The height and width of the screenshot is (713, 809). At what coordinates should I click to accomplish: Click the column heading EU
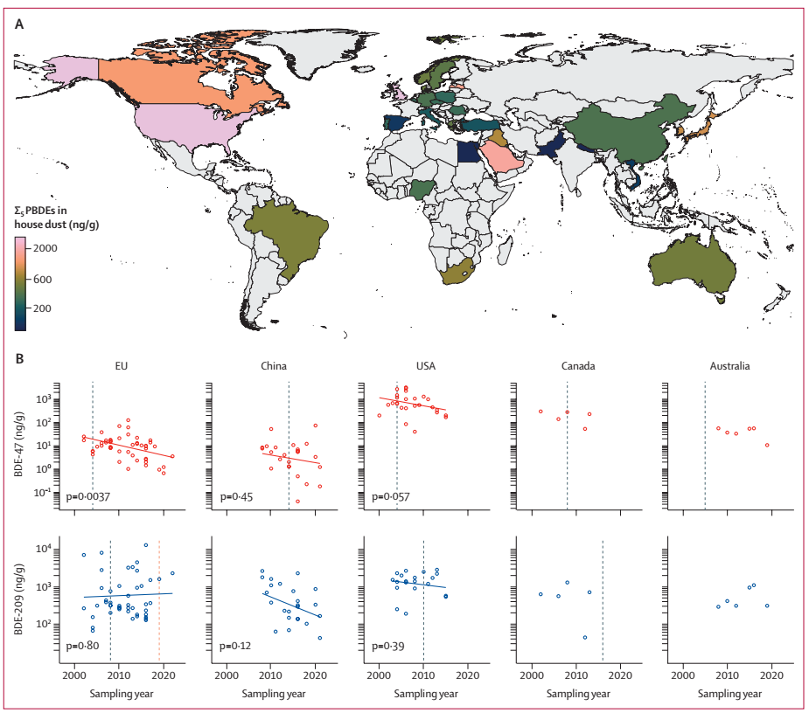point(123,366)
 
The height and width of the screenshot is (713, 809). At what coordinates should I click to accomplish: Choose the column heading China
point(273,366)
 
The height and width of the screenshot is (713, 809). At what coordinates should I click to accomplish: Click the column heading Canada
point(577,366)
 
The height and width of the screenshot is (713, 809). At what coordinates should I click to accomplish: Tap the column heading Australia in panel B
point(730,366)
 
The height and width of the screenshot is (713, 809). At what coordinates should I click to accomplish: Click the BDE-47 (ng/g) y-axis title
point(19,444)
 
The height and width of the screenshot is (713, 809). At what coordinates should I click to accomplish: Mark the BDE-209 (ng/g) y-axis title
point(19,596)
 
